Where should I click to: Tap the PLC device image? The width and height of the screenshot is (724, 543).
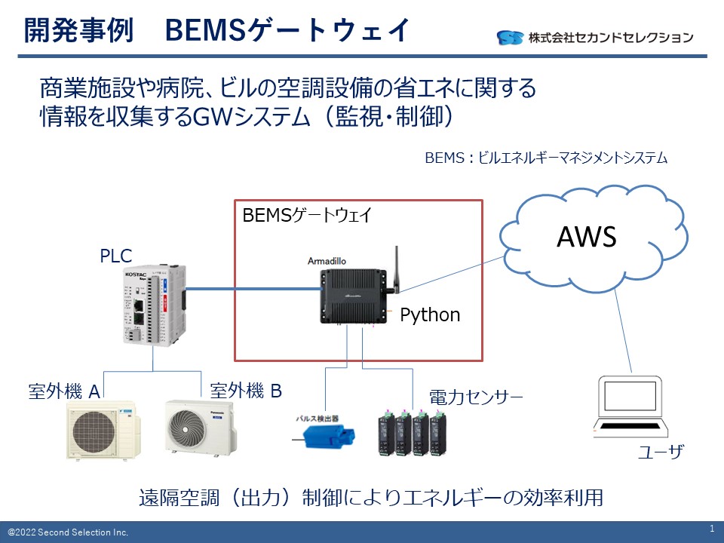click(155, 305)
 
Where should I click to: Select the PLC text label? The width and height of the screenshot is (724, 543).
click(116, 256)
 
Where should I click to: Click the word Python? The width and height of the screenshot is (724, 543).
click(429, 314)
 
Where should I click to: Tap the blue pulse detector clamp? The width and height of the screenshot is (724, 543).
click(325, 437)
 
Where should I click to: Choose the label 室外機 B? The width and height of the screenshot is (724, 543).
click(246, 390)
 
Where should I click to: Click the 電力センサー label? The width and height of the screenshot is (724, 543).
click(476, 397)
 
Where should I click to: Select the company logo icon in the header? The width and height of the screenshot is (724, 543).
click(510, 37)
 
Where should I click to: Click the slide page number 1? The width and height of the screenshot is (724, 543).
click(712, 528)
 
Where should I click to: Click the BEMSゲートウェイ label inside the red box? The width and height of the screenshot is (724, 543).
click(307, 216)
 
